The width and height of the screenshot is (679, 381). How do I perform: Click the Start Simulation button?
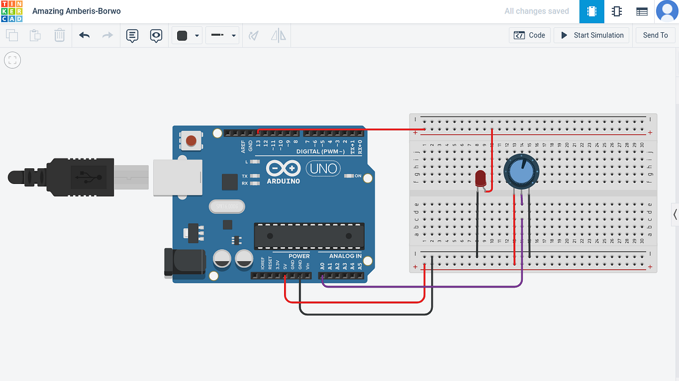592,35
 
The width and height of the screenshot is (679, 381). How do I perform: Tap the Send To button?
655,35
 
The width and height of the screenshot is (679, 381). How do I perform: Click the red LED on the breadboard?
480,179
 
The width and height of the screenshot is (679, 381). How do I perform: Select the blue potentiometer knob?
521,172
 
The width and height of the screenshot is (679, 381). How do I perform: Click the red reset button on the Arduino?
192,140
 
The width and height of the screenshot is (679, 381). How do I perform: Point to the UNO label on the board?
324,168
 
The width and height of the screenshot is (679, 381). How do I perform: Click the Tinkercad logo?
11,11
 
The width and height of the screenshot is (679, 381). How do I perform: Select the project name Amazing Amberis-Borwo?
76,11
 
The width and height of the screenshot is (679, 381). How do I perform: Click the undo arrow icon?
84,36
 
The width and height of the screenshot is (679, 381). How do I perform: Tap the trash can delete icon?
59,36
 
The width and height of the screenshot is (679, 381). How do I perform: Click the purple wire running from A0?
424,287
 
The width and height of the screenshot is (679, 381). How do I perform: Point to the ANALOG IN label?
345,256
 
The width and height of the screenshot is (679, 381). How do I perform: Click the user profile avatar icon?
667,11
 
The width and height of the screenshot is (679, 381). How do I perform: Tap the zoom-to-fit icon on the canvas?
12,60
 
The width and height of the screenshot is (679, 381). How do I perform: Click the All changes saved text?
536,11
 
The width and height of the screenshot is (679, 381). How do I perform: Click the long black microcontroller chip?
309,236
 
